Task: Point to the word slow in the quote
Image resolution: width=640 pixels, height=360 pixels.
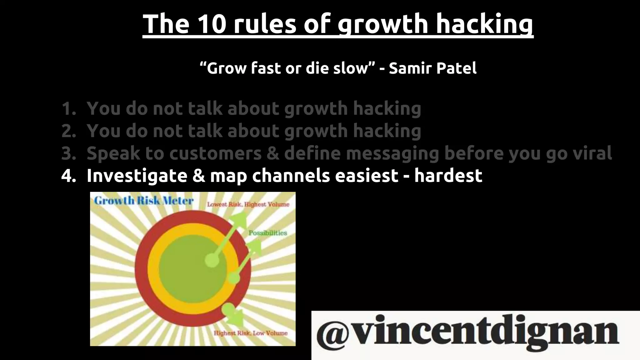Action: [352, 68]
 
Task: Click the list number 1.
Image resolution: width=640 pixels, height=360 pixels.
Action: [68, 109]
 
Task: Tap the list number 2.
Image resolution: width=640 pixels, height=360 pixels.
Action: [68, 131]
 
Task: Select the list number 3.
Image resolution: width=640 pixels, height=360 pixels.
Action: [68, 154]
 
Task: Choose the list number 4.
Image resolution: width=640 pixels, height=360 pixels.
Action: [68, 176]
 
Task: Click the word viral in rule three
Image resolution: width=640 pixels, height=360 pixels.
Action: [591, 153]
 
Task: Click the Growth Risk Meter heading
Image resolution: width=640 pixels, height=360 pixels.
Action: [144, 201]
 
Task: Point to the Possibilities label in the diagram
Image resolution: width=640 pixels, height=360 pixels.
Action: [268, 233]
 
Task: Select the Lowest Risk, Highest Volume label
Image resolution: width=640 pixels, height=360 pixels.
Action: [248, 204]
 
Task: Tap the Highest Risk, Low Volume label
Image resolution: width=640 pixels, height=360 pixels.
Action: [250, 333]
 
